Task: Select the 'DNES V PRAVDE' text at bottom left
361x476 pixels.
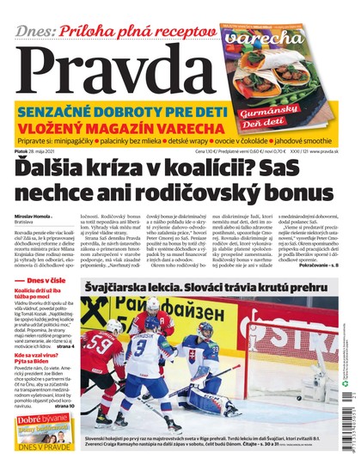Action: (x=43, y=456)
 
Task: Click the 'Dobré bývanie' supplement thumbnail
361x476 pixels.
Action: (x=43, y=430)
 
